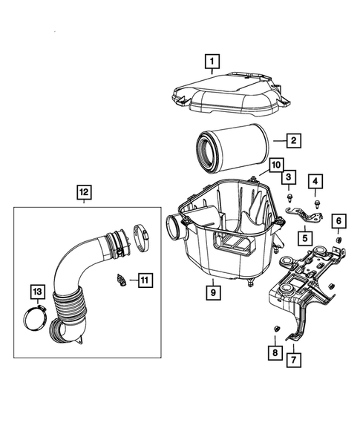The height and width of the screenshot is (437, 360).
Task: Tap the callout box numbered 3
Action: coord(287,177)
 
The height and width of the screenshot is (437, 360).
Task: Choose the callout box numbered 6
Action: coord(338,220)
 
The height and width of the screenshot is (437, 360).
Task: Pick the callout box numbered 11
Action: coord(144,279)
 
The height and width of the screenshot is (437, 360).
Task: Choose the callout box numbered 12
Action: coord(83,194)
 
